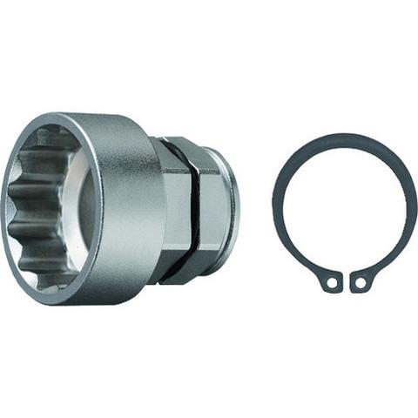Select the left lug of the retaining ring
(329, 280)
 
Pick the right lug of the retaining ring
(361, 280)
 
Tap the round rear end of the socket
(230, 209)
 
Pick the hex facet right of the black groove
(211, 209)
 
